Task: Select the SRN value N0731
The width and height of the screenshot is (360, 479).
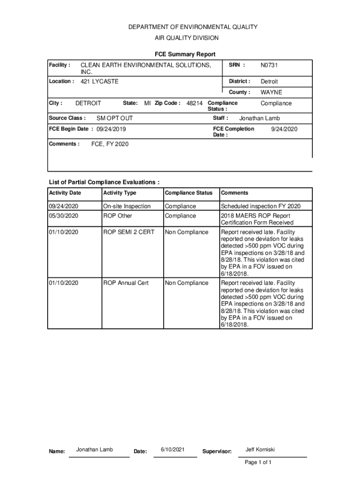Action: click(x=269, y=65)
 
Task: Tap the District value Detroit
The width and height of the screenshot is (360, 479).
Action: click(x=269, y=81)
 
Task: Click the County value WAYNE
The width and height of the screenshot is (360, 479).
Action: click(x=271, y=93)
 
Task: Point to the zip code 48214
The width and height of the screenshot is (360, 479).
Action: click(x=194, y=103)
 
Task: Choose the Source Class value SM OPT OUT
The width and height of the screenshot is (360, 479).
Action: click(x=115, y=118)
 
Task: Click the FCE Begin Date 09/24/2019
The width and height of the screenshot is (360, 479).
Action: click(x=111, y=130)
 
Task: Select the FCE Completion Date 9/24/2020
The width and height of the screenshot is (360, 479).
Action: click(x=284, y=129)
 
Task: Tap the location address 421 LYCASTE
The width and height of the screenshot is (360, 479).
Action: click(x=100, y=81)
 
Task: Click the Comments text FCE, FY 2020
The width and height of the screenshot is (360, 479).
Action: click(x=109, y=144)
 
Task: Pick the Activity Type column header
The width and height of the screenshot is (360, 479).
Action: click(x=120, y=193)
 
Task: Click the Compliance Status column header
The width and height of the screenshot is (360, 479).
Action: click(x=188, y=193)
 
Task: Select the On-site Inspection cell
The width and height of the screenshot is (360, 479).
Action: click(x=127, y=206)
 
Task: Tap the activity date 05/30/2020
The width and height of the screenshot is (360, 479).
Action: click(x=64, y=216)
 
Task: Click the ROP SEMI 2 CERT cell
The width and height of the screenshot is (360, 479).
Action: click(x=129, y=232)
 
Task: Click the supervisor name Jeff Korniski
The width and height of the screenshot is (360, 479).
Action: click(x=260, y=450)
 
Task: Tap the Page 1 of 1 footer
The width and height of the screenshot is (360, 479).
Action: click(x=258, y=462)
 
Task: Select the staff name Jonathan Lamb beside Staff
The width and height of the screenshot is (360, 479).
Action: click(x=259, y=118)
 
